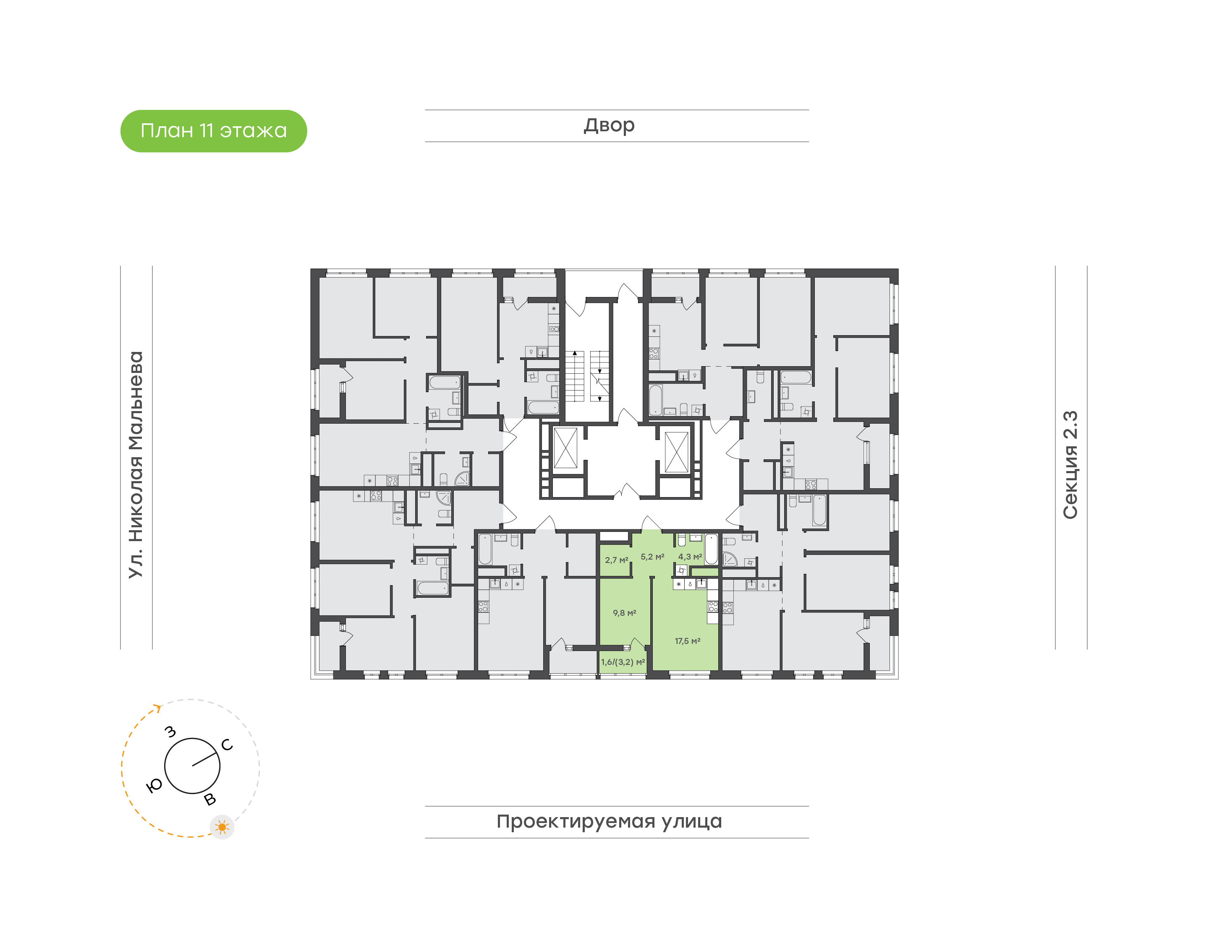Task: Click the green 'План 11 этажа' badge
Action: [213, 131]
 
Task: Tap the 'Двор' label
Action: [609, 125]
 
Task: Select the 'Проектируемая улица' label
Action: [609, 821]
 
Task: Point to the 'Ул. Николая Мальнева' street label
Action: [136, 465]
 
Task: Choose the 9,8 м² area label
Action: [624, 613]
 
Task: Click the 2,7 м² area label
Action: [616, 560]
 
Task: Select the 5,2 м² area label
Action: [652, 557]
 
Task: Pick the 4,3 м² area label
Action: [690, 557]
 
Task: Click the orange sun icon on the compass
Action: [222, 827]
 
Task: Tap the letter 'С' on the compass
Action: [227, 745]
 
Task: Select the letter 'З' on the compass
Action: [170, 732]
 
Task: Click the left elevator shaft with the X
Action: [565, 448]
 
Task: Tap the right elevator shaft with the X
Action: [676, 452]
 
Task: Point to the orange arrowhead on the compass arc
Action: [158, 708]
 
